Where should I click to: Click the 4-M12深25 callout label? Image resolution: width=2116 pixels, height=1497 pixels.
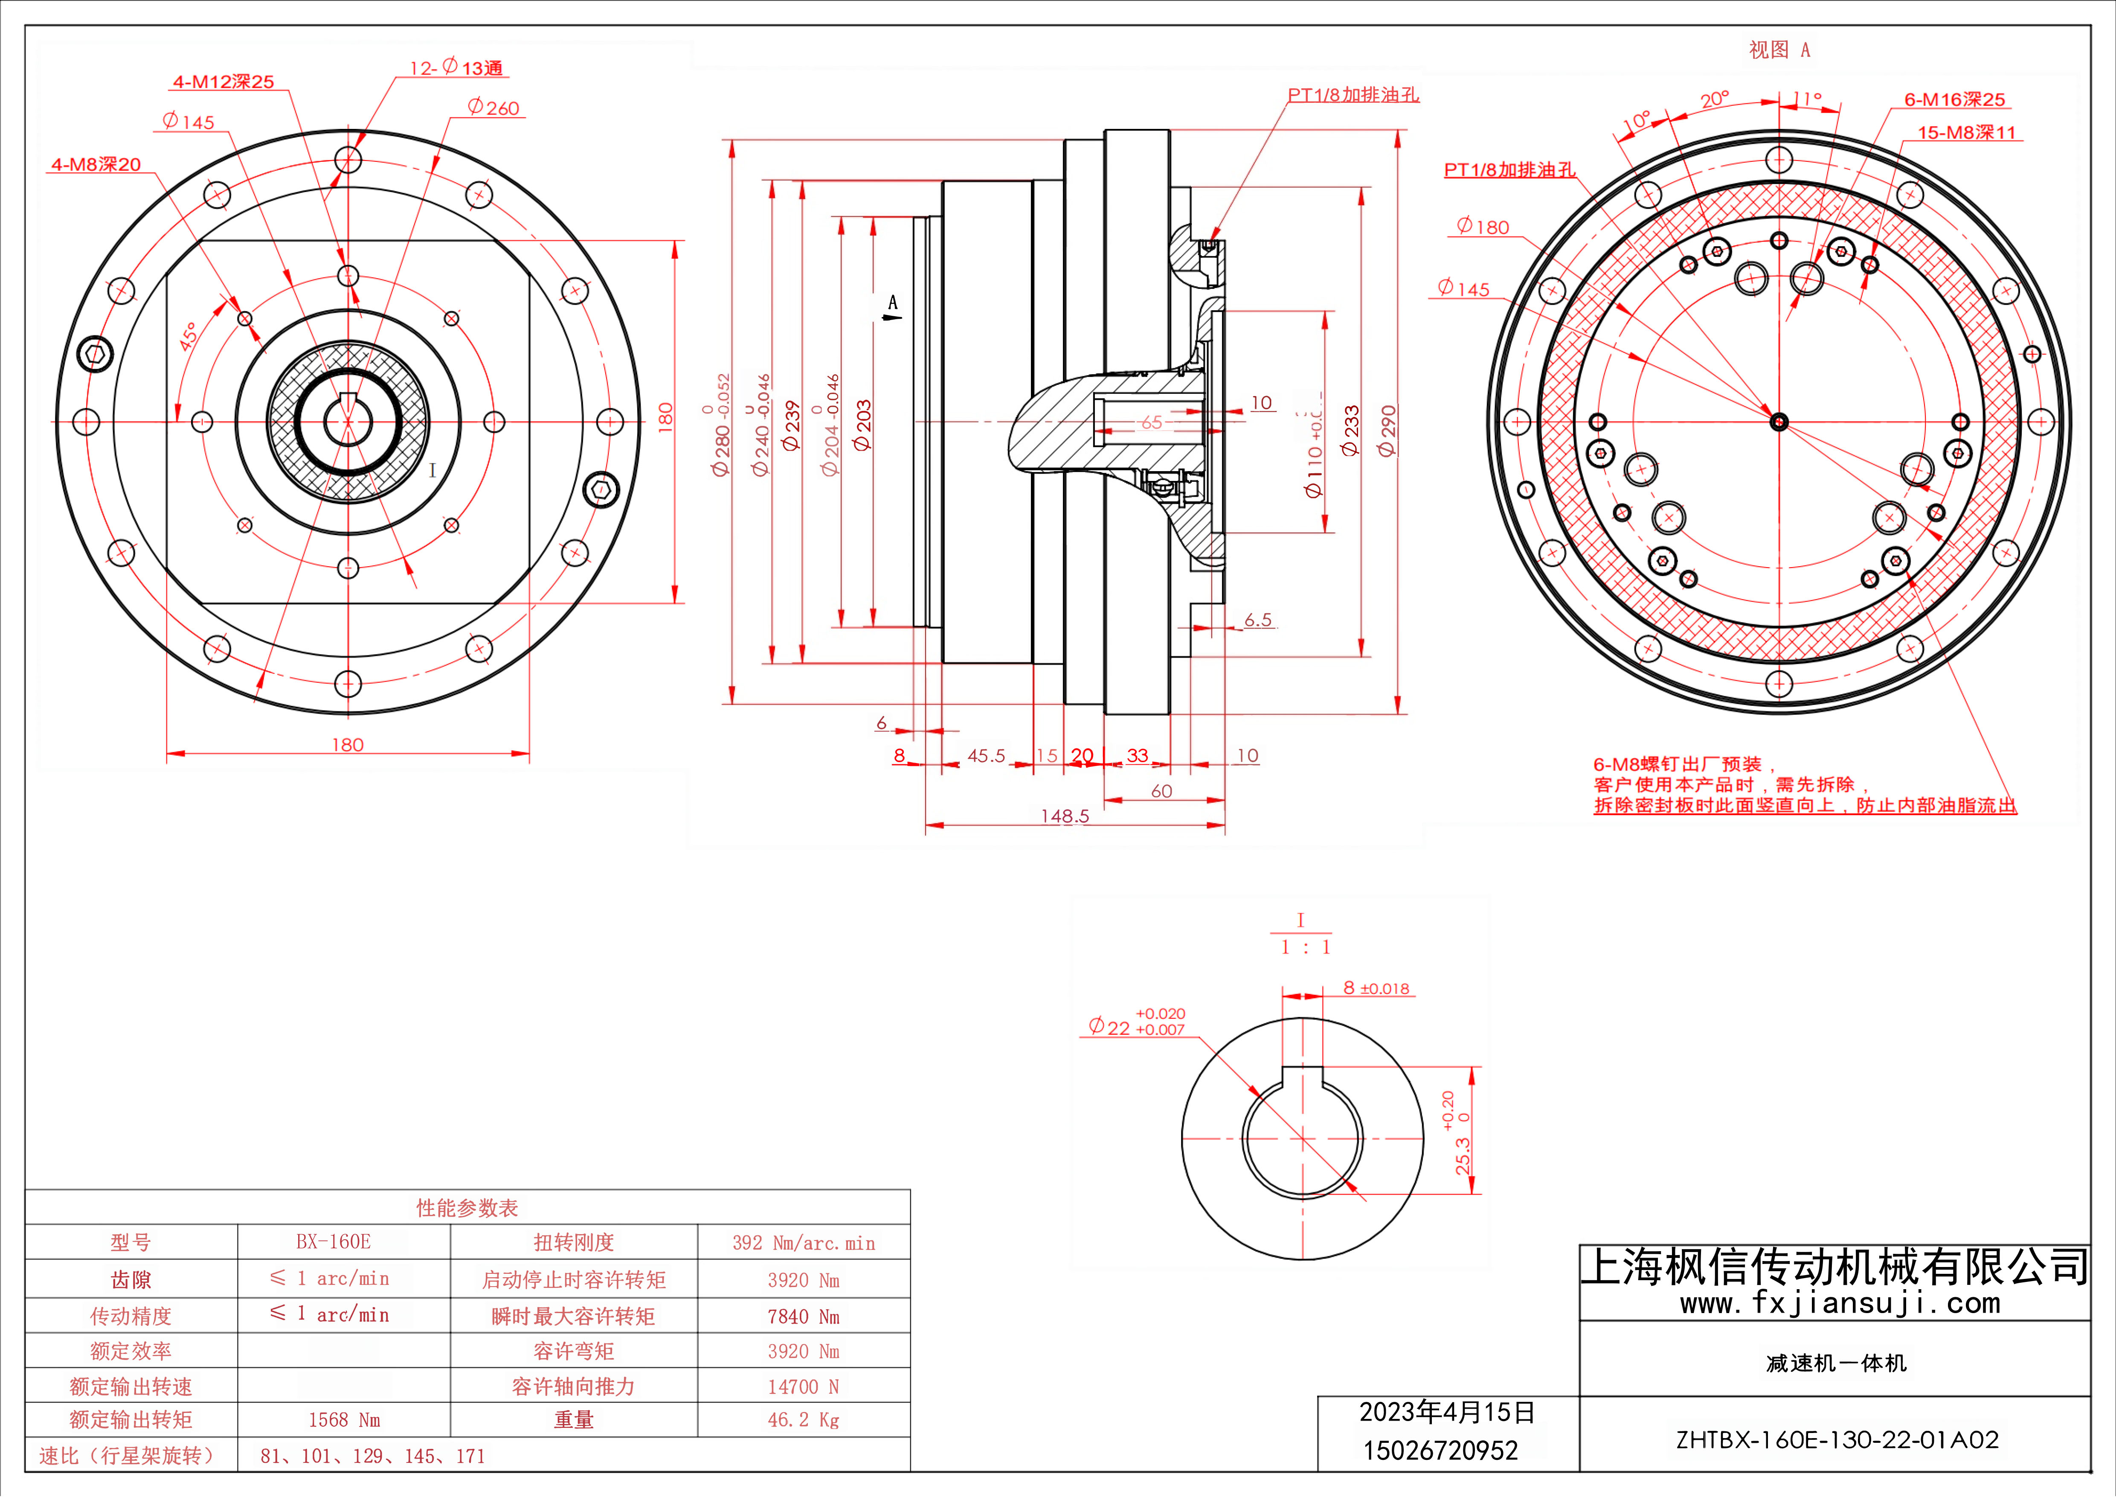pyautogui.click(x=224, y=82)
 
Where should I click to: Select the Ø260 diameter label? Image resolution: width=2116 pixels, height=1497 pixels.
pyautogui.click(x=494, y=108)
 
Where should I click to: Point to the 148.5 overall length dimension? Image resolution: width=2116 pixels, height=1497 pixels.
pyautogui.click(x=1065, y=816)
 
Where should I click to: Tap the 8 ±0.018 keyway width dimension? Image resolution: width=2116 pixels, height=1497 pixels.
pyautogui.click(x=1376, y=988)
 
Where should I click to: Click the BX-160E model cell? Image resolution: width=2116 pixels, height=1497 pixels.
pyautogui.click(x=334, y=1242)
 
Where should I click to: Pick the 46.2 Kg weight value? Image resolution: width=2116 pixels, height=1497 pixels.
pyautogui.click(x=804, y=1420)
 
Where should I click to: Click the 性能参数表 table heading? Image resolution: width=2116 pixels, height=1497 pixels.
pyautogui.click(x=467, y=1208)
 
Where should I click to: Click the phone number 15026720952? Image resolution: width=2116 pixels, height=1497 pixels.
pyautogui.click(x=1440, y=1451)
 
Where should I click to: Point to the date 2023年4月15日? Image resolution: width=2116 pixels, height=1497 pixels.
pyautogui.click(x=1447, y=1412)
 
